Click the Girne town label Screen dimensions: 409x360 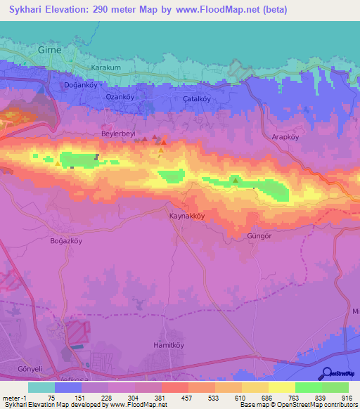pos(51,51)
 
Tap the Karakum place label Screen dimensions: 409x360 pos(107,68)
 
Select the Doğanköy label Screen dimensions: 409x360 pos(79,84)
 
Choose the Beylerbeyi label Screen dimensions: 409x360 pos(117,133)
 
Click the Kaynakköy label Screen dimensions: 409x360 pos(187,216)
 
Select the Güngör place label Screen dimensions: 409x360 pos(259,236)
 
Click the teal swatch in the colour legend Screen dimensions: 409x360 pos(41,387)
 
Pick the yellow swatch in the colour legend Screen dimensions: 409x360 pos(281,387)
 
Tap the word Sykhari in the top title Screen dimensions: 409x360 pos(22,9)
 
